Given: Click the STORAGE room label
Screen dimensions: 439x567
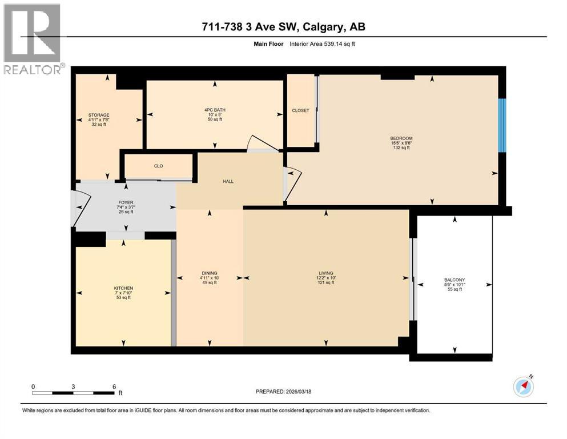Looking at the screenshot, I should pos(98,115).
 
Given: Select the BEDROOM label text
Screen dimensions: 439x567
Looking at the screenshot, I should pos(401,138).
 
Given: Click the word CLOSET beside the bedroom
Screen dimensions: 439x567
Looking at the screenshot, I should pos(300,110).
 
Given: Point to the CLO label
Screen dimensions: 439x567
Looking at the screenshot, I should pos(158,166).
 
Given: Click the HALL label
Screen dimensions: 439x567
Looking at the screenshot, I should pos(228,181).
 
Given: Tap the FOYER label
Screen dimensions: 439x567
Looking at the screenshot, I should pos(126,202).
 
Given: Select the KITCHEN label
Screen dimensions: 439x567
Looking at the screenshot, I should pos(123,288).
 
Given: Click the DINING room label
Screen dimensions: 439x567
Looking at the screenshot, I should pos(209,273).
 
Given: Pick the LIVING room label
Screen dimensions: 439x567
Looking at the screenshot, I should pos(326,273).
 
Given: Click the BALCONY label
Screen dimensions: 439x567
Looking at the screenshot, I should pos(455,280).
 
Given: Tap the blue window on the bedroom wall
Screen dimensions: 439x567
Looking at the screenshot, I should pos(502,125).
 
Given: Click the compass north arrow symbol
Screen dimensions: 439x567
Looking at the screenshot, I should pos(523,387).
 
